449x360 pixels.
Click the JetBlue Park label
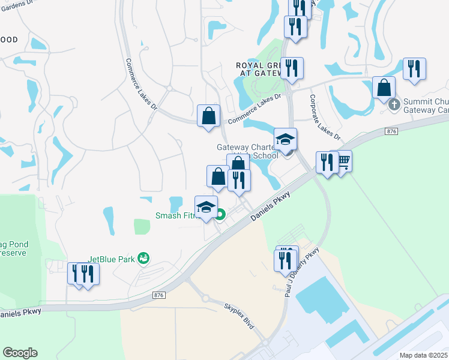(112, 259)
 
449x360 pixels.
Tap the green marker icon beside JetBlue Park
(143, 258)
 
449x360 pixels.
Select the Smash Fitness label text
(176, 215)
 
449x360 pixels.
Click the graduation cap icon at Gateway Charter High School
(285, 139)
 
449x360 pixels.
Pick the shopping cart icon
(342, 160)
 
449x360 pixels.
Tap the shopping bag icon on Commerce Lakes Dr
(208, 115)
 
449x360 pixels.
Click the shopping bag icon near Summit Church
(384, 88)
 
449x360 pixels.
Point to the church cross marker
(394, 104)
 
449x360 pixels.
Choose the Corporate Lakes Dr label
(325, 116)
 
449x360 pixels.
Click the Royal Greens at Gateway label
(259, 69)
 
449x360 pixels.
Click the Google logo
(20, 353)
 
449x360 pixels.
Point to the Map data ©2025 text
(423, 355)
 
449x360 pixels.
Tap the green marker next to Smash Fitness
(220, 214)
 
